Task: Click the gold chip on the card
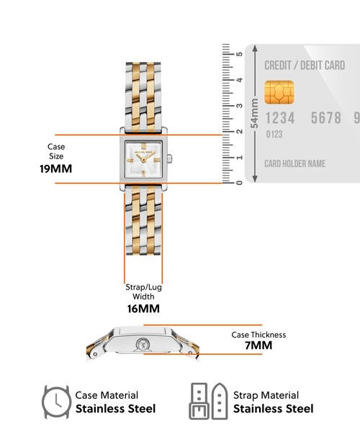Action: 279,93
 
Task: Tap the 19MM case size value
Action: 56,168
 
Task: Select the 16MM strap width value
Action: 143,309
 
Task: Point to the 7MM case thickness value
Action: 258,345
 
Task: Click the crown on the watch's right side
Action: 170,158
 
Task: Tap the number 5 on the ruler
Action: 239,54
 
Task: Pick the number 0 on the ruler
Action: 239,183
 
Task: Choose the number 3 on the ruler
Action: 239,106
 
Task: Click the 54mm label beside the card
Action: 254,113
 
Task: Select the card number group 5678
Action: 326,118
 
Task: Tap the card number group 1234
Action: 280,118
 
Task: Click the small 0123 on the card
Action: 274,135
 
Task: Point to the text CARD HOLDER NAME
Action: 294,163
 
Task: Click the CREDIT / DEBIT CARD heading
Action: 305,66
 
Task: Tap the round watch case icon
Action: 56,402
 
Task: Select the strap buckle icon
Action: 198,401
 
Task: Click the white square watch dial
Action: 143,159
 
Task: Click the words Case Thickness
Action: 258,335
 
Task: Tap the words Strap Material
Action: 266,395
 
